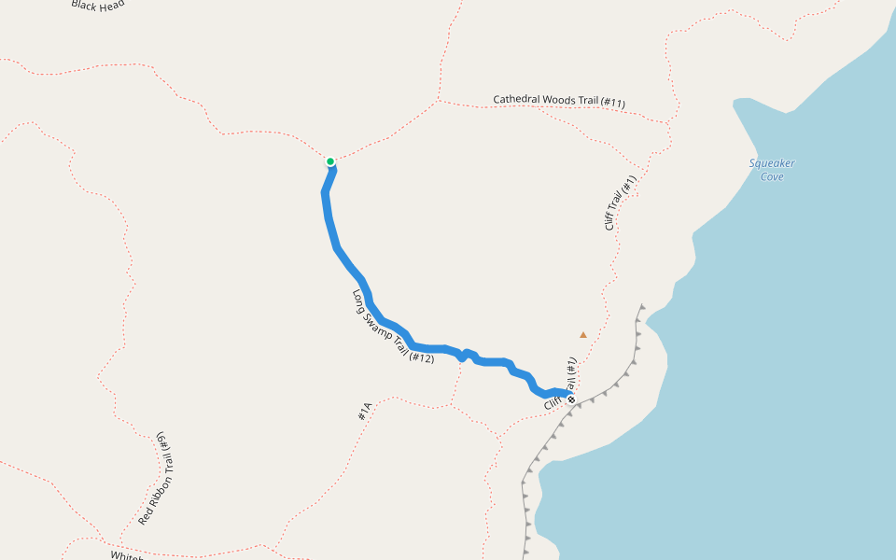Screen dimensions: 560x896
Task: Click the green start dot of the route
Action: point(330,161)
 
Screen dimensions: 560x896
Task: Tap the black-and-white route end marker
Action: point(571,399)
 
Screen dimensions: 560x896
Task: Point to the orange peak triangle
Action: point(583,334)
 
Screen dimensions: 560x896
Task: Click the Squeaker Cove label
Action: point(772,170)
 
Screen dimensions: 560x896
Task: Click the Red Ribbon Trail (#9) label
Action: point(155,478)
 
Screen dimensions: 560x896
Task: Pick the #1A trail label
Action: point(365,411)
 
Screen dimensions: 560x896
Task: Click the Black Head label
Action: point(97,4)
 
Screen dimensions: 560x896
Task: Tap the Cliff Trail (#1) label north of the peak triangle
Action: point(620,203)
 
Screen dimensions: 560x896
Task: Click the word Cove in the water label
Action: point(772,176)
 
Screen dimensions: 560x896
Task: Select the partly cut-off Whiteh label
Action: point(125,555)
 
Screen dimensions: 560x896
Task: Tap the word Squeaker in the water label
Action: point(772,163)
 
